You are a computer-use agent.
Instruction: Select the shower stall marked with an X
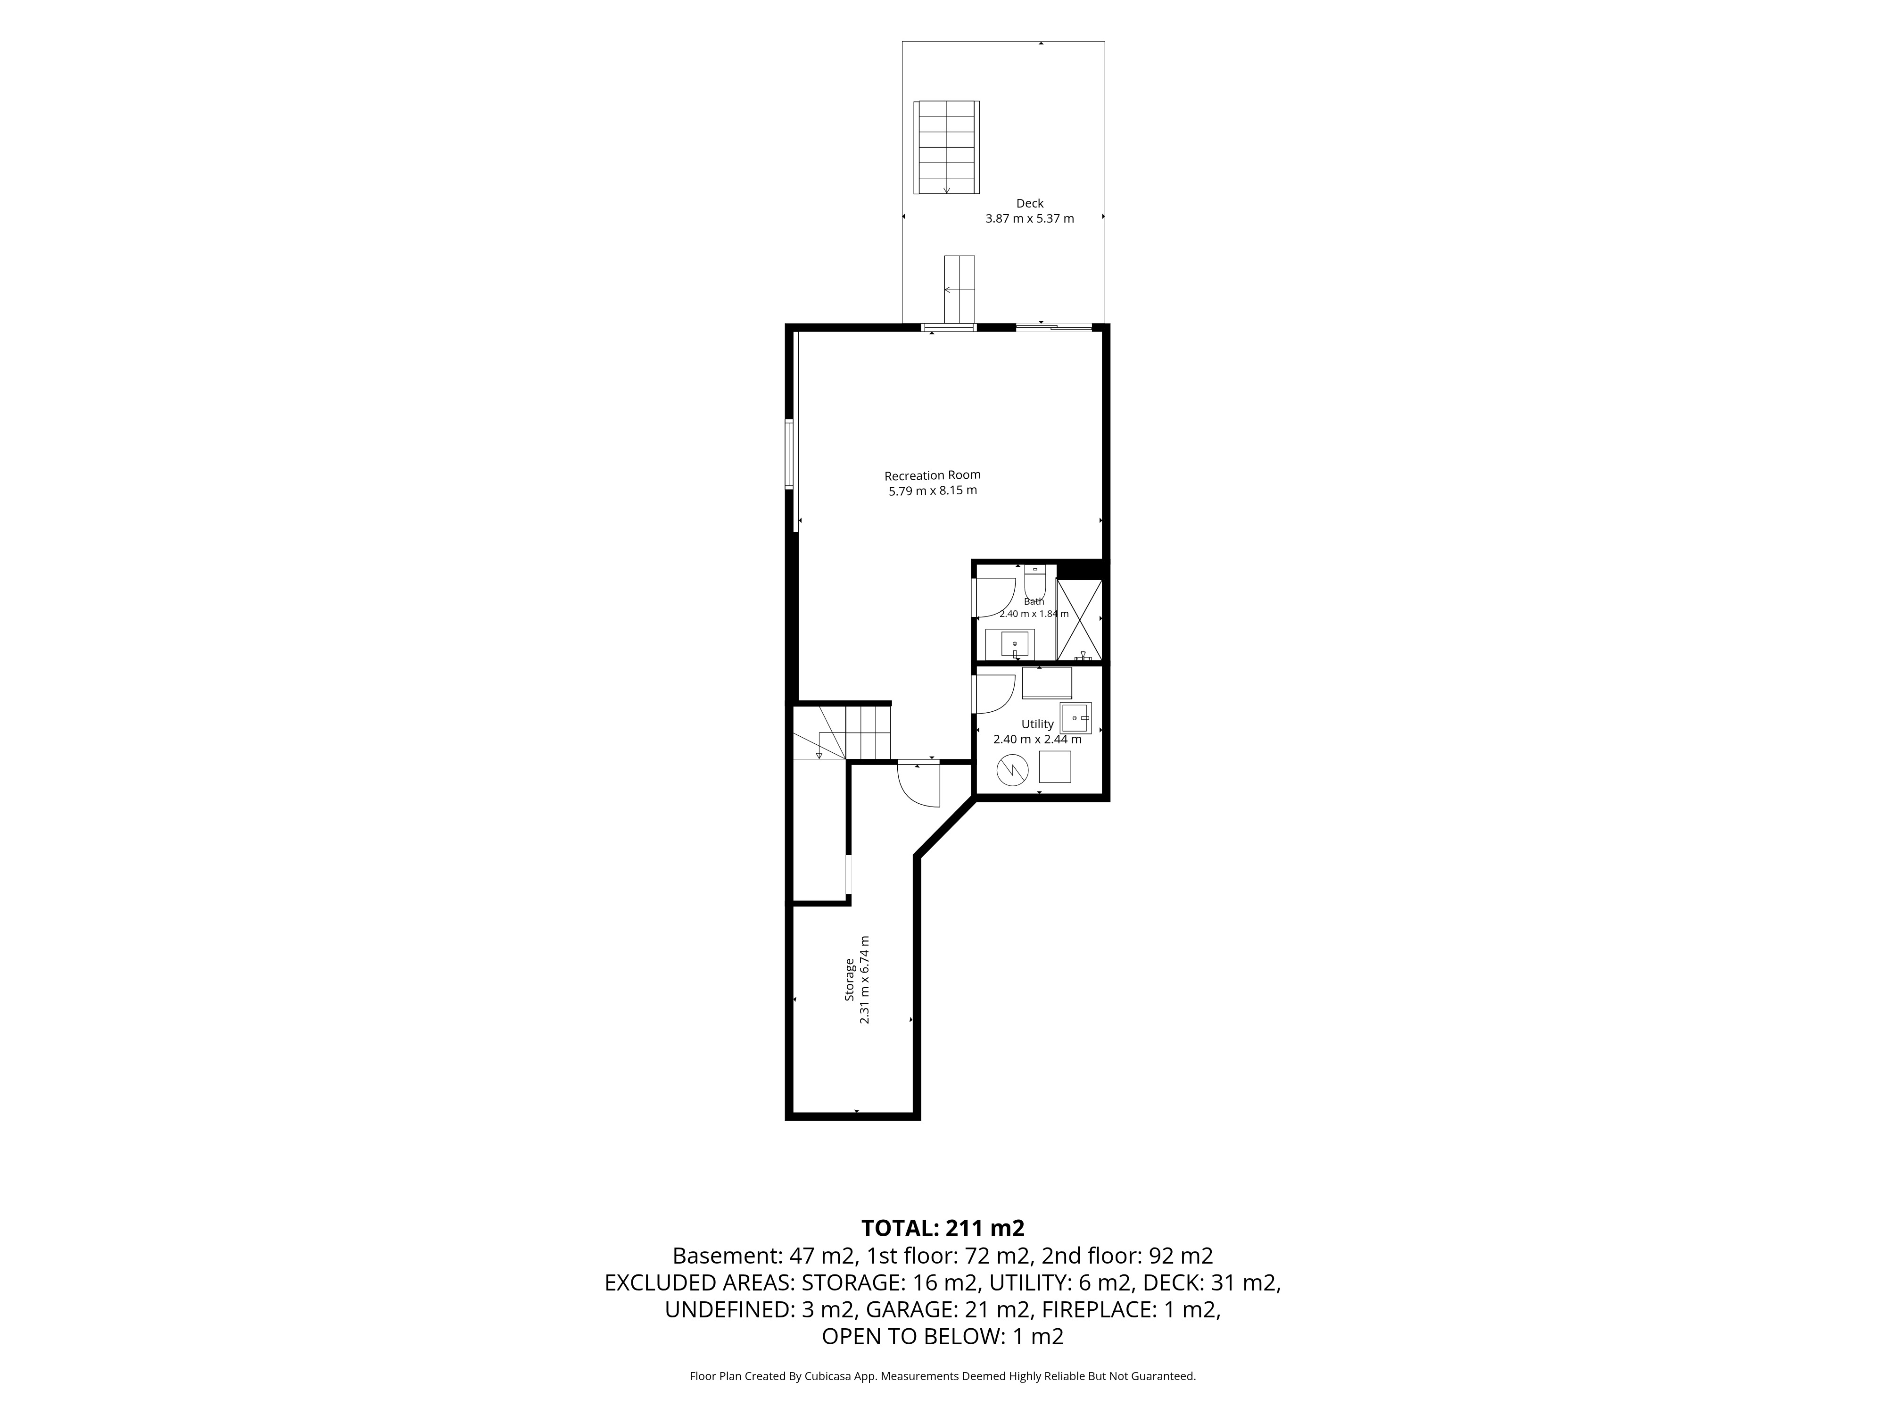tap(1079, 620)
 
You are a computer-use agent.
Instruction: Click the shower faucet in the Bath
tap(1083, 656)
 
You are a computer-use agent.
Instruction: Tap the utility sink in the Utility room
tap(1076, 718)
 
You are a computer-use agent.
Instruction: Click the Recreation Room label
tap(933, 475)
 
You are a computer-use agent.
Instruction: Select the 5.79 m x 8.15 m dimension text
tap(933, 491)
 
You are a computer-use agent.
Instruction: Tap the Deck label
tap(1030, 203)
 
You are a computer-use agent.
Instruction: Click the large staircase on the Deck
tap(946, 148)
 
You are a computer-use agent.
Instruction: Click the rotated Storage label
tap(850, 980)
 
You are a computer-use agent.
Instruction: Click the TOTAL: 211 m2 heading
tap(943, 1228)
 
